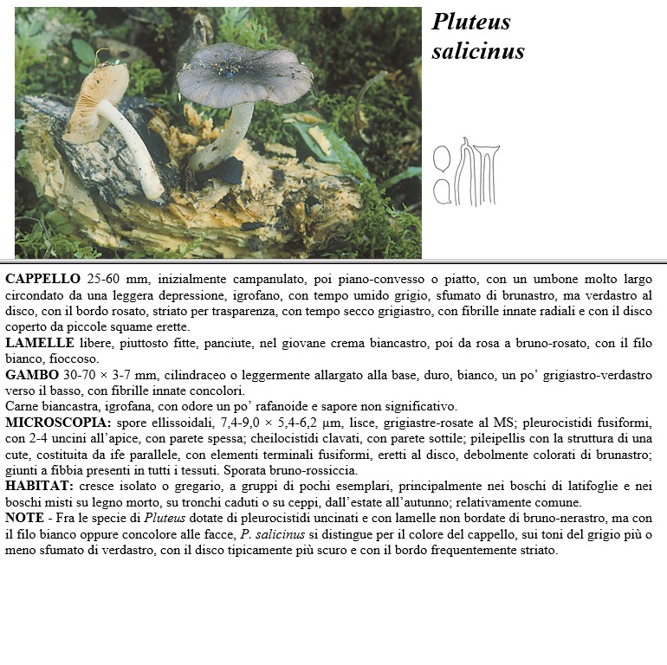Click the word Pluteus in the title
coord(471,23)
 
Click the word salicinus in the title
coord(477,51)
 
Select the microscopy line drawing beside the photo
coord(466,171)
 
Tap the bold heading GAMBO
coord(30,376)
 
